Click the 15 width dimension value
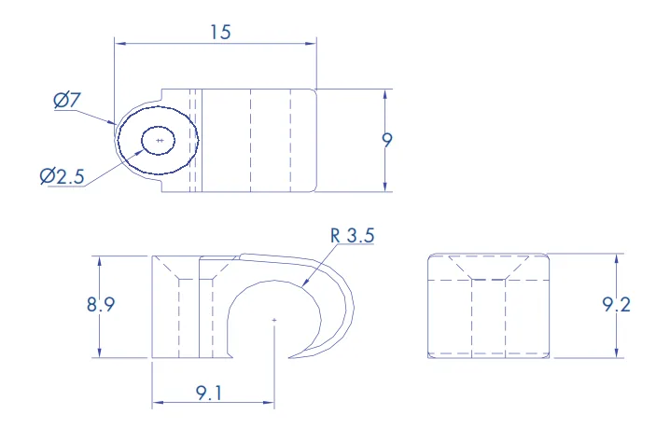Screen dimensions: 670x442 point(220,32)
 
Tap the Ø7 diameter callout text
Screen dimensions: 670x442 point(67,100)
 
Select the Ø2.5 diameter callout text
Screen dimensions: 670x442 point(62,176)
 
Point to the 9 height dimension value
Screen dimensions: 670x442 point(386,140)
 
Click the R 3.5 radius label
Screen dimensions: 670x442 point(353,235)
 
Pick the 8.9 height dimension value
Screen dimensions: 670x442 point(101,305)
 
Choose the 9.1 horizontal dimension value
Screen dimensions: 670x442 point(209,393)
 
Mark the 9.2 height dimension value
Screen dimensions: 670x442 point(616,305)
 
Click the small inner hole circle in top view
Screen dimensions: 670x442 point(159,127)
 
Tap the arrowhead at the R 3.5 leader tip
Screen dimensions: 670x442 point(304,283)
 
